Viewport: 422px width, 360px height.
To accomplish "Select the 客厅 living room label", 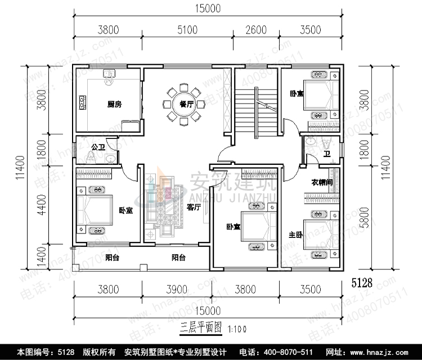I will (194, 207).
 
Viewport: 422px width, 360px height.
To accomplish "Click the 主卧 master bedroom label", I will (296, 235).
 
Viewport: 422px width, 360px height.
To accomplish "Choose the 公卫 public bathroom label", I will (98, 147).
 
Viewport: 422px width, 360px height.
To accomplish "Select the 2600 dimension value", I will (256, 30).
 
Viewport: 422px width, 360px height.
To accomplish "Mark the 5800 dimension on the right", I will (384, 215).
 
